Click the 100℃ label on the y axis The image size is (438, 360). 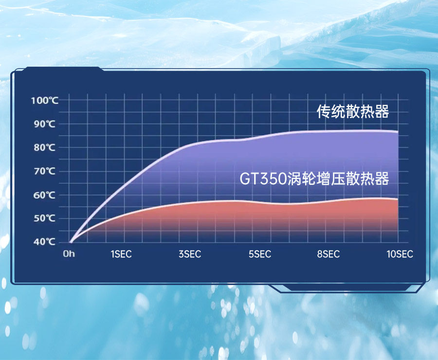tap(45, 100)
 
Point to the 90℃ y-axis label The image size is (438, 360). tap(45, 124)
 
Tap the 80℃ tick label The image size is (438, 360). tap(45, 147)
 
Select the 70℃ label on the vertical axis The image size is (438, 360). tap(45, 171)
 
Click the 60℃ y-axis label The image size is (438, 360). tap(45, 195)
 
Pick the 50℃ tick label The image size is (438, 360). tap(45, 218)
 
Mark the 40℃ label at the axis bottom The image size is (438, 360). tap(45, 242)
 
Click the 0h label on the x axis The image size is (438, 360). tap(69, 254)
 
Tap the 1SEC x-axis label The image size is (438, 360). tap(121, 254)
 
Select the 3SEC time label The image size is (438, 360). tap(190, 254)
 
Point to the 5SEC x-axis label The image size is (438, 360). tap(260, 254)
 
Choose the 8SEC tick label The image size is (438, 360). tap(328, 254)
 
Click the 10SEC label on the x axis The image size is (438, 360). tap(400, 254)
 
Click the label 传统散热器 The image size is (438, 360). tap(353, 111)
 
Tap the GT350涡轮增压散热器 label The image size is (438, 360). tap(314, 179)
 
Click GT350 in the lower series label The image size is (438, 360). tap(263, 179)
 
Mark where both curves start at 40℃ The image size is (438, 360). tap(70, 242)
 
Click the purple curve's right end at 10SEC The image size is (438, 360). tap(398, 131)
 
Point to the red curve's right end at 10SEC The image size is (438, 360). tap(398, 199)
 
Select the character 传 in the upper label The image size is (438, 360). tap(324, 111)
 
